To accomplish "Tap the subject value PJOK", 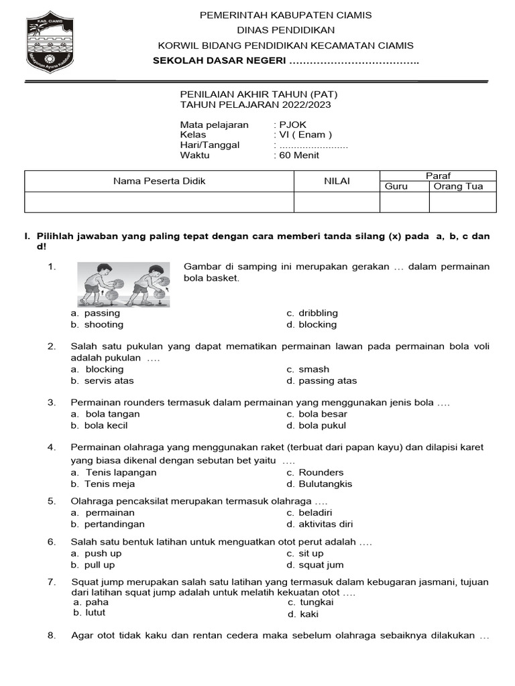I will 292,125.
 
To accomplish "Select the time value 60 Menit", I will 299,155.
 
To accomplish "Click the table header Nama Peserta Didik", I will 159,181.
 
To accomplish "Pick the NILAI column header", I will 337,181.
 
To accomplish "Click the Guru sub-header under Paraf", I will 396,186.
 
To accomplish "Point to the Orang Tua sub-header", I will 458,186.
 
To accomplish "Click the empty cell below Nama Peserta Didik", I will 159,202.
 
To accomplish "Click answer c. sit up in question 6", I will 305,553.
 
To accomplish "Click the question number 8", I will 52,636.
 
